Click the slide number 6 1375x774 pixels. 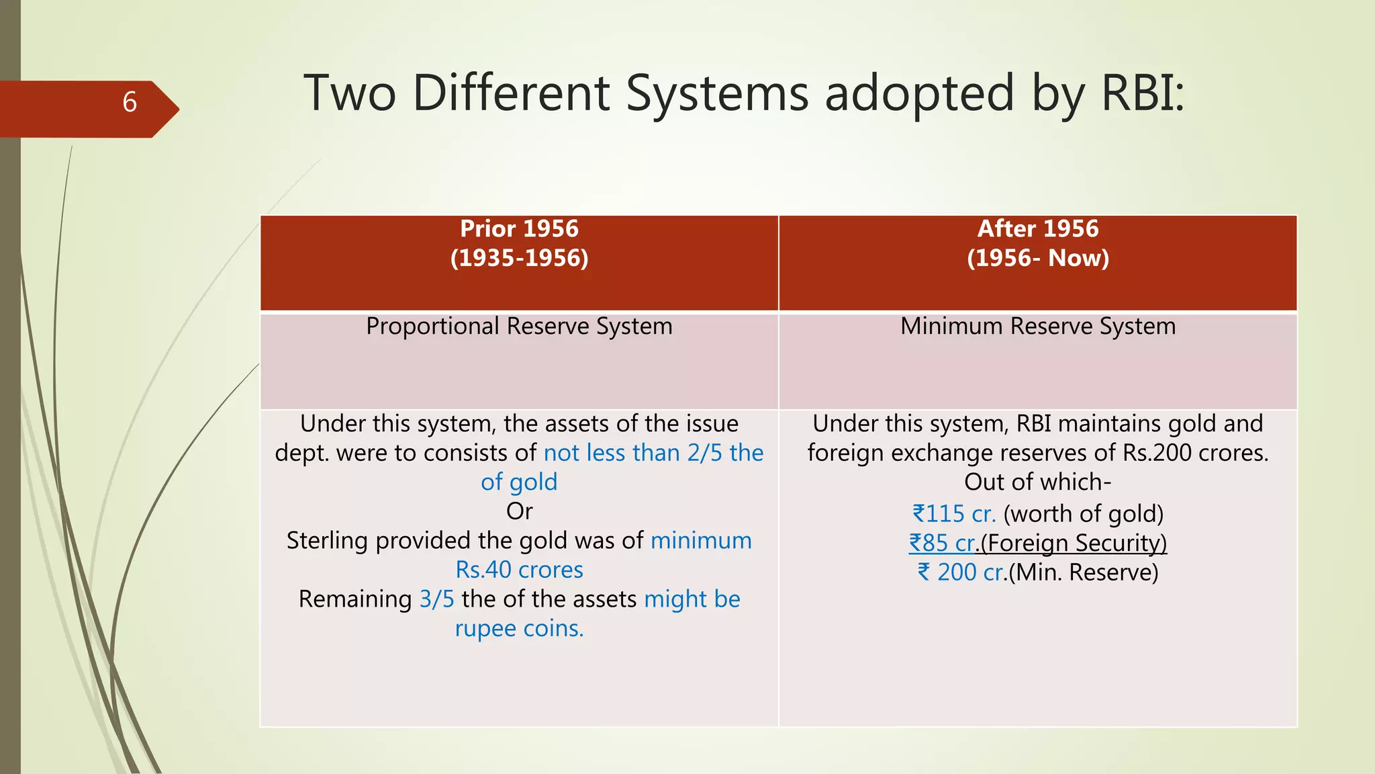point(130,103)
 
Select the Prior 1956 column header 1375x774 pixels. point(519,229)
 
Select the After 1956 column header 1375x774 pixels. point(1037,229)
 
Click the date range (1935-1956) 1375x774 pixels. point(519,259)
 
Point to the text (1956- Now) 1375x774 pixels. point(1037,259)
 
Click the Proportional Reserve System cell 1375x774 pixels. point(519,327)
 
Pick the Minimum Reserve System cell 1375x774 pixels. point(1037,327)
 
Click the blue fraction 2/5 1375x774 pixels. point(704,454)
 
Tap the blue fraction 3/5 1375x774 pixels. point(436,599)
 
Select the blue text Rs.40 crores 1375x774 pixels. point(519,570)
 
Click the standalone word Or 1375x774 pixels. point(519,512)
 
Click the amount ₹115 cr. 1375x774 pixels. point(953,515)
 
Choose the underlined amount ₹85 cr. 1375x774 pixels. point(941,544)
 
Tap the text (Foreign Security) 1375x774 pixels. point(1073,544)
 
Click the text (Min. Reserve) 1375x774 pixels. point(1083,573)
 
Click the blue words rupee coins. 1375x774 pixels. point(519,629)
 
